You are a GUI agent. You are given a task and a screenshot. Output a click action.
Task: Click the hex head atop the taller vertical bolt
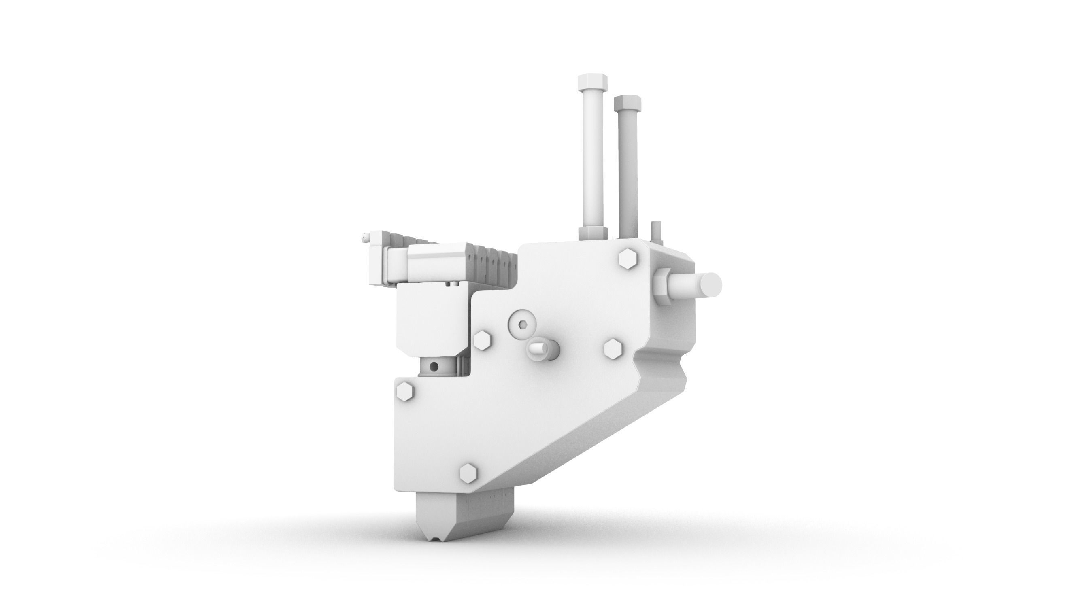593,82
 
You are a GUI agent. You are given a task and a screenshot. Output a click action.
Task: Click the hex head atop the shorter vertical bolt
628,102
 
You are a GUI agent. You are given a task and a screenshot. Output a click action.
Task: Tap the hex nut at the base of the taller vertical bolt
593,232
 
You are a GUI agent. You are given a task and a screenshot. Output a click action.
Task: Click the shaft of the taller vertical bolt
593,160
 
